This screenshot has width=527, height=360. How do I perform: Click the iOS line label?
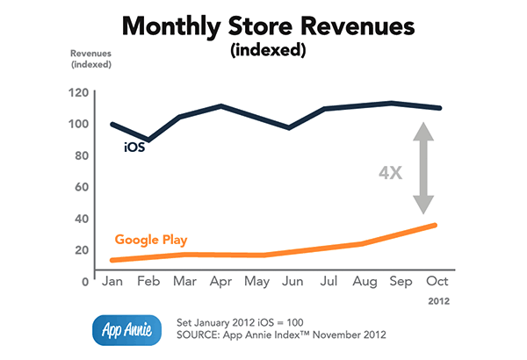(x=134, y=147)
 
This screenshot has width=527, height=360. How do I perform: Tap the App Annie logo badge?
(x=125, y=328)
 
